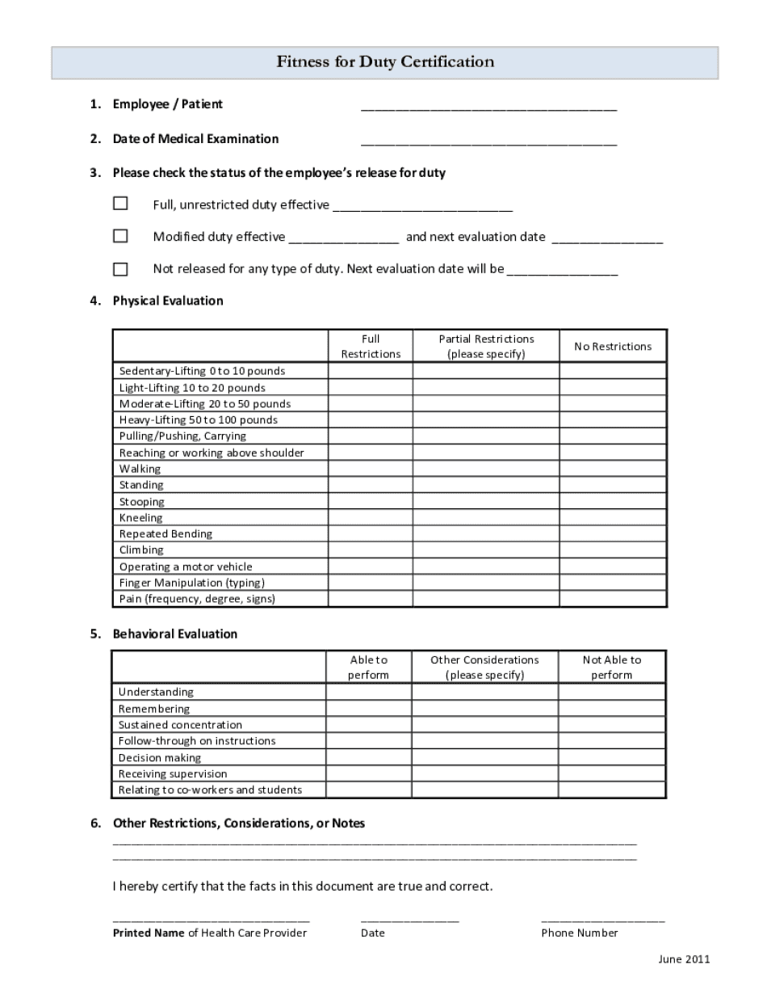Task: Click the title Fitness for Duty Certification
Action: tap(385, 62)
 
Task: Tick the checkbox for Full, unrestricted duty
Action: tap(120, 204)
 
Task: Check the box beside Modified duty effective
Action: tap(120, 236)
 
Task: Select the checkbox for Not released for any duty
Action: tap(120, 269)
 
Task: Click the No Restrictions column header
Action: tap(613, 347)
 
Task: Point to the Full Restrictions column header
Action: tap(371, 347)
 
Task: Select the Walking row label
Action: tap(140, 469)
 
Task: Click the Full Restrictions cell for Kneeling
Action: tap(371, 518)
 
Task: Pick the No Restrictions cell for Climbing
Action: tap(613, 550)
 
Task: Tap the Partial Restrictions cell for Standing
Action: tap(486, 485)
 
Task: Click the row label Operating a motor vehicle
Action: tap(186, 566)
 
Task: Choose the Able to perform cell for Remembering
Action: tap(369, 709)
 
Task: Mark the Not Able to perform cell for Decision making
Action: tap(612, 758)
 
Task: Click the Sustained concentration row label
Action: tap(180, 725)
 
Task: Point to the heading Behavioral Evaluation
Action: tap(175, 634)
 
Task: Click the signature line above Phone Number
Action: tap(602, 919)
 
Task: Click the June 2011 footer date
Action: tap(684, 959)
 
